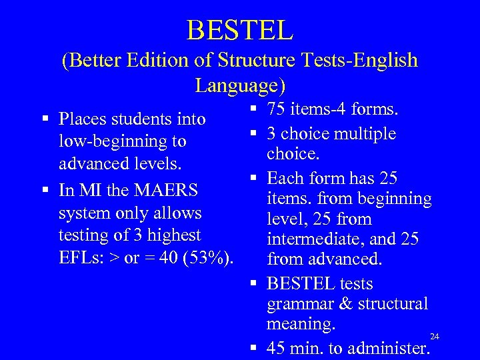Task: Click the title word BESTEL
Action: point(240,29)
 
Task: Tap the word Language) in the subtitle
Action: point(240,85)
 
